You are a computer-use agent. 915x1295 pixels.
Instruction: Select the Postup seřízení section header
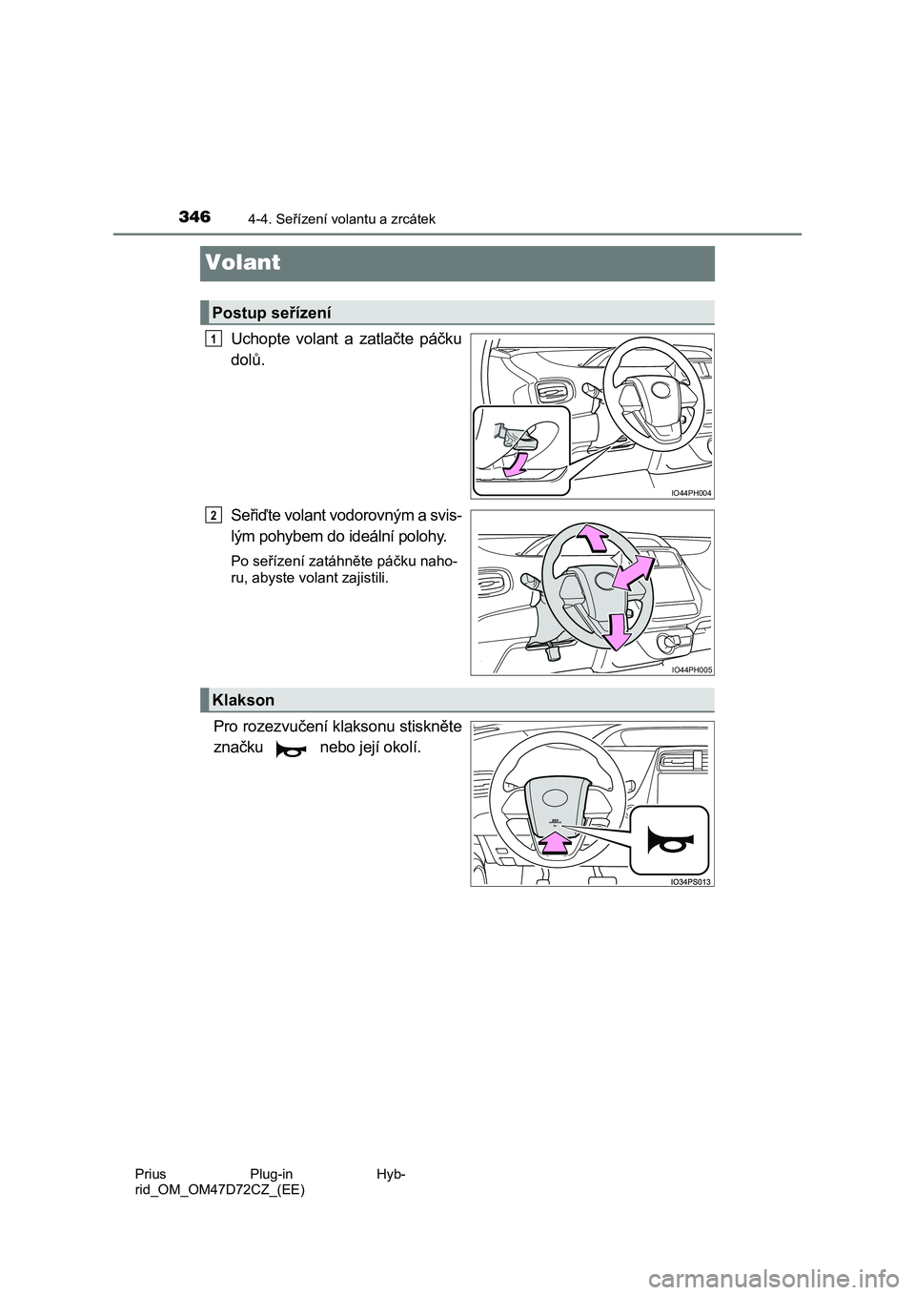pos(272,312)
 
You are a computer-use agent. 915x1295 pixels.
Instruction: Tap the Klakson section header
pos(243,700)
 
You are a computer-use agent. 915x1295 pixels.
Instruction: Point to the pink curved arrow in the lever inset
pos(516,464)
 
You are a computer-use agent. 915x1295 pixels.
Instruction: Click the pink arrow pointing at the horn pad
pos(554,844)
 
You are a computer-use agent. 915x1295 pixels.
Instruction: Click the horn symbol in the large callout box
pos(672,838)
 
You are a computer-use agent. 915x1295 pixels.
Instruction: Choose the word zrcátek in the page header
pos(413,219)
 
